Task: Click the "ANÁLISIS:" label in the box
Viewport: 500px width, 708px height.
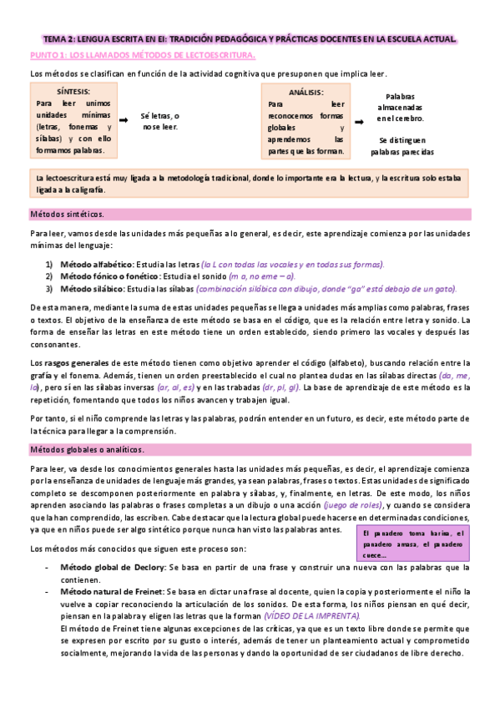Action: tap(306, 93)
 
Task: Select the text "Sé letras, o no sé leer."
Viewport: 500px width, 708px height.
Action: tap(160, 121)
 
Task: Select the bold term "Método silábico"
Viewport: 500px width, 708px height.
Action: tap(88, 289)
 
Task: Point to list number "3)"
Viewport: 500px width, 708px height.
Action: tap(49, 289)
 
